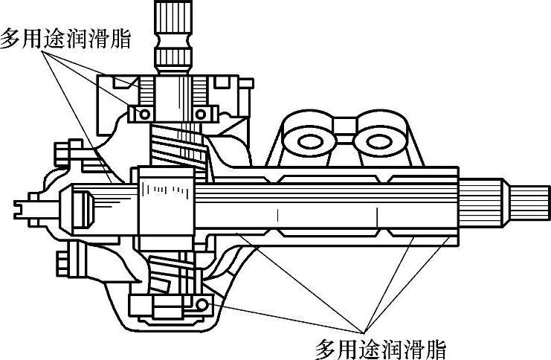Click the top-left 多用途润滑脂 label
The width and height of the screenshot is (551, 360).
tap(65, 38)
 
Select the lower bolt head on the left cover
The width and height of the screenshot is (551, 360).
tap(65, 263)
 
